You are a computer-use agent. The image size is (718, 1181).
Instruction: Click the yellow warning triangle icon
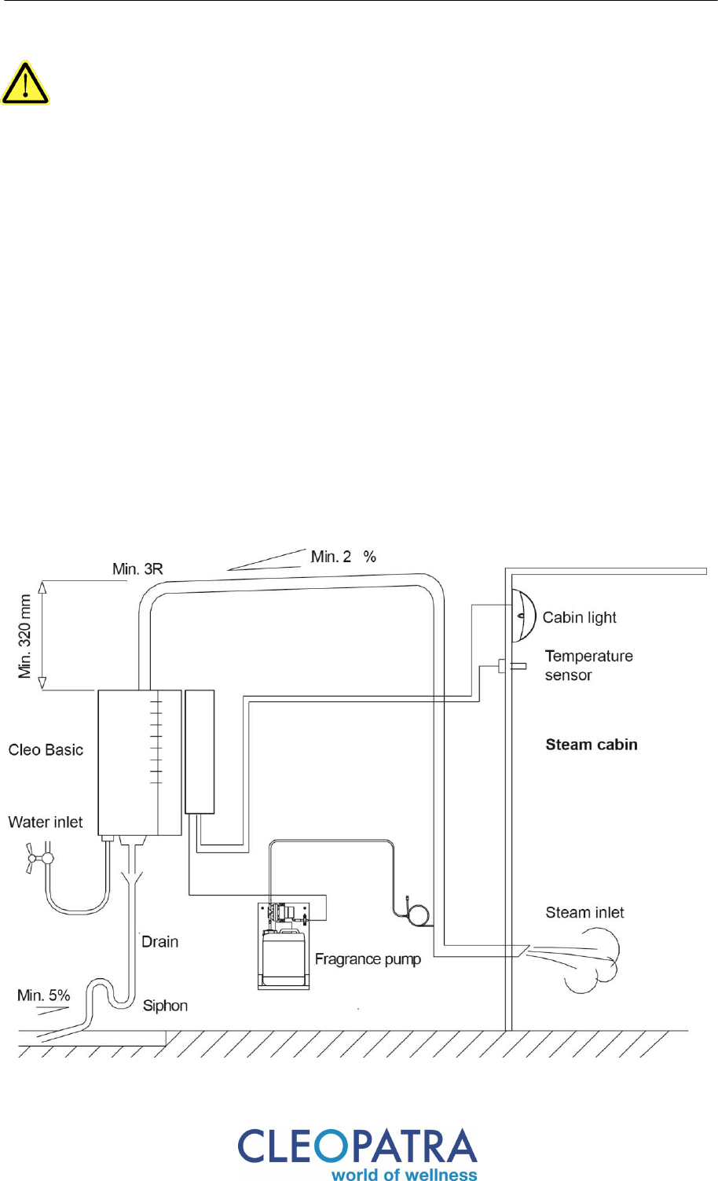(25, 83)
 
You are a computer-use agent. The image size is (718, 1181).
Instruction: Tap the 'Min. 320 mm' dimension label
(25, 636)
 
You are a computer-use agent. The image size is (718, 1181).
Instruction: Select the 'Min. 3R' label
(137, 569)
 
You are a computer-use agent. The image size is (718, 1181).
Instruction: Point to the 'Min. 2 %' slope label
(343, 557)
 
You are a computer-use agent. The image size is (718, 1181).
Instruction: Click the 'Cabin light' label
(580, 617)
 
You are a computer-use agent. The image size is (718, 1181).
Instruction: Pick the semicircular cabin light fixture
(524, 616)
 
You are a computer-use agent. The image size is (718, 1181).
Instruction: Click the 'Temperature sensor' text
(589, 665)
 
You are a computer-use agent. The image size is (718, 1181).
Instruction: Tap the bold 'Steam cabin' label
(592, 745)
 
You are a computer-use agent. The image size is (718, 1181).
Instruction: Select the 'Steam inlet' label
(584, 913)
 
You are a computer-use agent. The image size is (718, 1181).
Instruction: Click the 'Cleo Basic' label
(46, 750)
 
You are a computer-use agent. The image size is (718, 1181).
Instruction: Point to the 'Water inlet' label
(46, 822)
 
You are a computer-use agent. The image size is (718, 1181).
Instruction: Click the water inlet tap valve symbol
(39, 859)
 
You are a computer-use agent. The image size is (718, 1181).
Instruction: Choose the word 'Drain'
(160, 942)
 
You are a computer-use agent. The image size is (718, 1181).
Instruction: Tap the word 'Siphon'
(166, 1006)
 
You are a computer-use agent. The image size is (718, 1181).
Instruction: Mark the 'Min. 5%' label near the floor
(44, 995)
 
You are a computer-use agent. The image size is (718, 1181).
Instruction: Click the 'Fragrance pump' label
(368, 959)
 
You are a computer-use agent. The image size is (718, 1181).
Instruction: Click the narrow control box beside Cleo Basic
(200, 752)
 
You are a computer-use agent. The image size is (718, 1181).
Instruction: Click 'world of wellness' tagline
(404, 1174)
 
